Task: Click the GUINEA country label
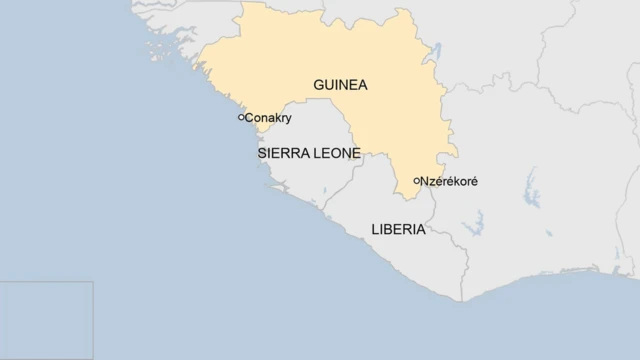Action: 340,85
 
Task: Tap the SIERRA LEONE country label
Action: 309,154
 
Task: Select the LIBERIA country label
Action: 398,229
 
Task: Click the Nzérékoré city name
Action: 449,181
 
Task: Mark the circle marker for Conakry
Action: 241,117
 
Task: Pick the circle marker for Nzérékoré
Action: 417,181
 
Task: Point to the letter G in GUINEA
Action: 319,85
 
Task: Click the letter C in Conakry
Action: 250,118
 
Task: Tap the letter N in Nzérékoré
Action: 426,181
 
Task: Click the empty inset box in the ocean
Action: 46,320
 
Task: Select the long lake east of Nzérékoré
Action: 531,189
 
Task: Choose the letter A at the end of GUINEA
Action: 362,85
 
